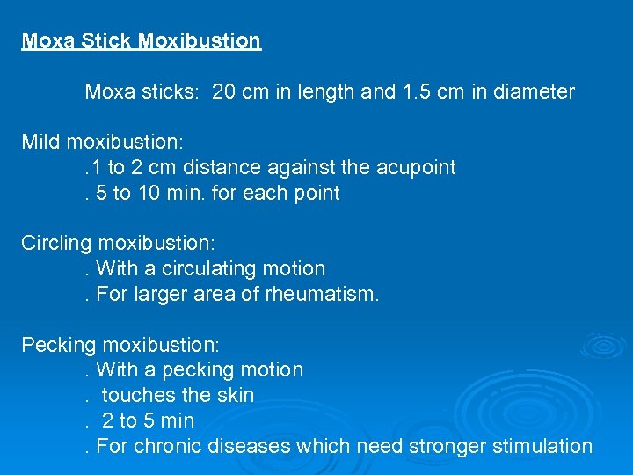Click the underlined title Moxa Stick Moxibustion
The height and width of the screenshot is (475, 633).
point(141,41)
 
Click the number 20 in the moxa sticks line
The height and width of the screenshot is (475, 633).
point(223,91)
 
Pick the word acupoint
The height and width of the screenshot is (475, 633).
point(416,167)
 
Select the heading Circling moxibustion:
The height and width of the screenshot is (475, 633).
point(119,243)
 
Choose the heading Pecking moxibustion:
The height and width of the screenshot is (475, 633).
point(120,344)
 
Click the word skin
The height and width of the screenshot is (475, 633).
point(235,395)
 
